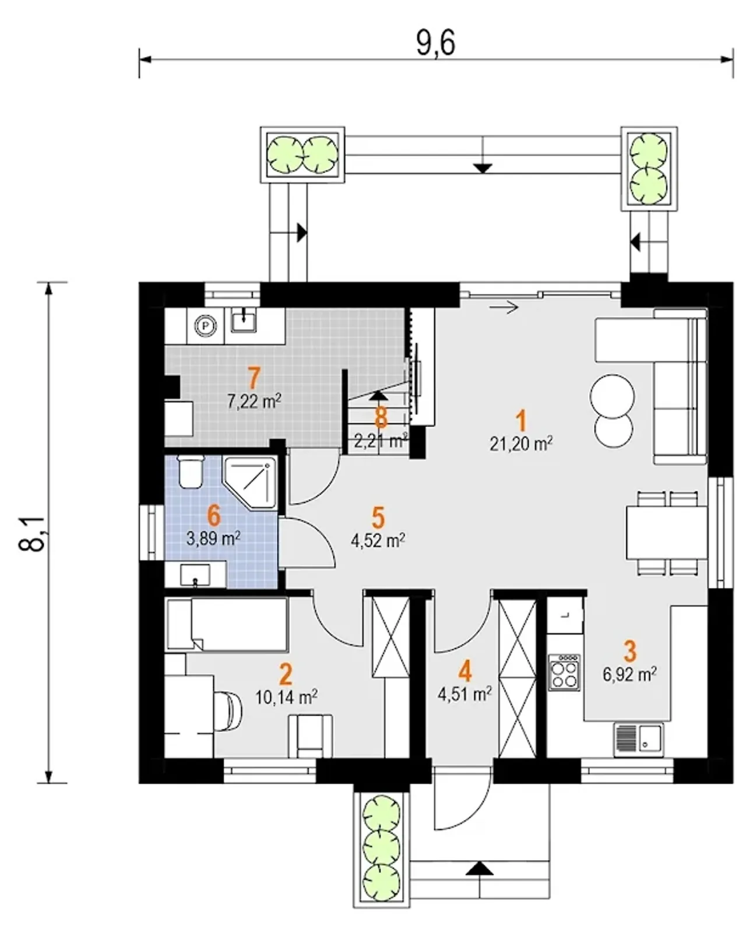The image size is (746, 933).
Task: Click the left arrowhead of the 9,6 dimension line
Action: point(140,59)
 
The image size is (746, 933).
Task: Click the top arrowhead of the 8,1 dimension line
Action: point(48,283)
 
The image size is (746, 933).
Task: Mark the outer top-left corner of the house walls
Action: point(139,283)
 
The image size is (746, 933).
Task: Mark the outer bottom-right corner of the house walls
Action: point(733,783)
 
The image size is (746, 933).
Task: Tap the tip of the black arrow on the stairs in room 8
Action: point(379,391)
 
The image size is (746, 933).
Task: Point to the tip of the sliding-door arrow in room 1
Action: point(518,307)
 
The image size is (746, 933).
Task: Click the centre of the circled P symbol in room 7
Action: point(207,325)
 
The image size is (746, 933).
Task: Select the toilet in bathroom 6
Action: point(190,471)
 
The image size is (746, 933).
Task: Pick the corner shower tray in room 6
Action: point(250,482)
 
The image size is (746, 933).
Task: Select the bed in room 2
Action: point(226,624)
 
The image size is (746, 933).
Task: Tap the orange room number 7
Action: point(254,378)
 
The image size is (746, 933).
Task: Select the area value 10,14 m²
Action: point(286,698)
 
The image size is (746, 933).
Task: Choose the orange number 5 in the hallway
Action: point(378,517)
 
